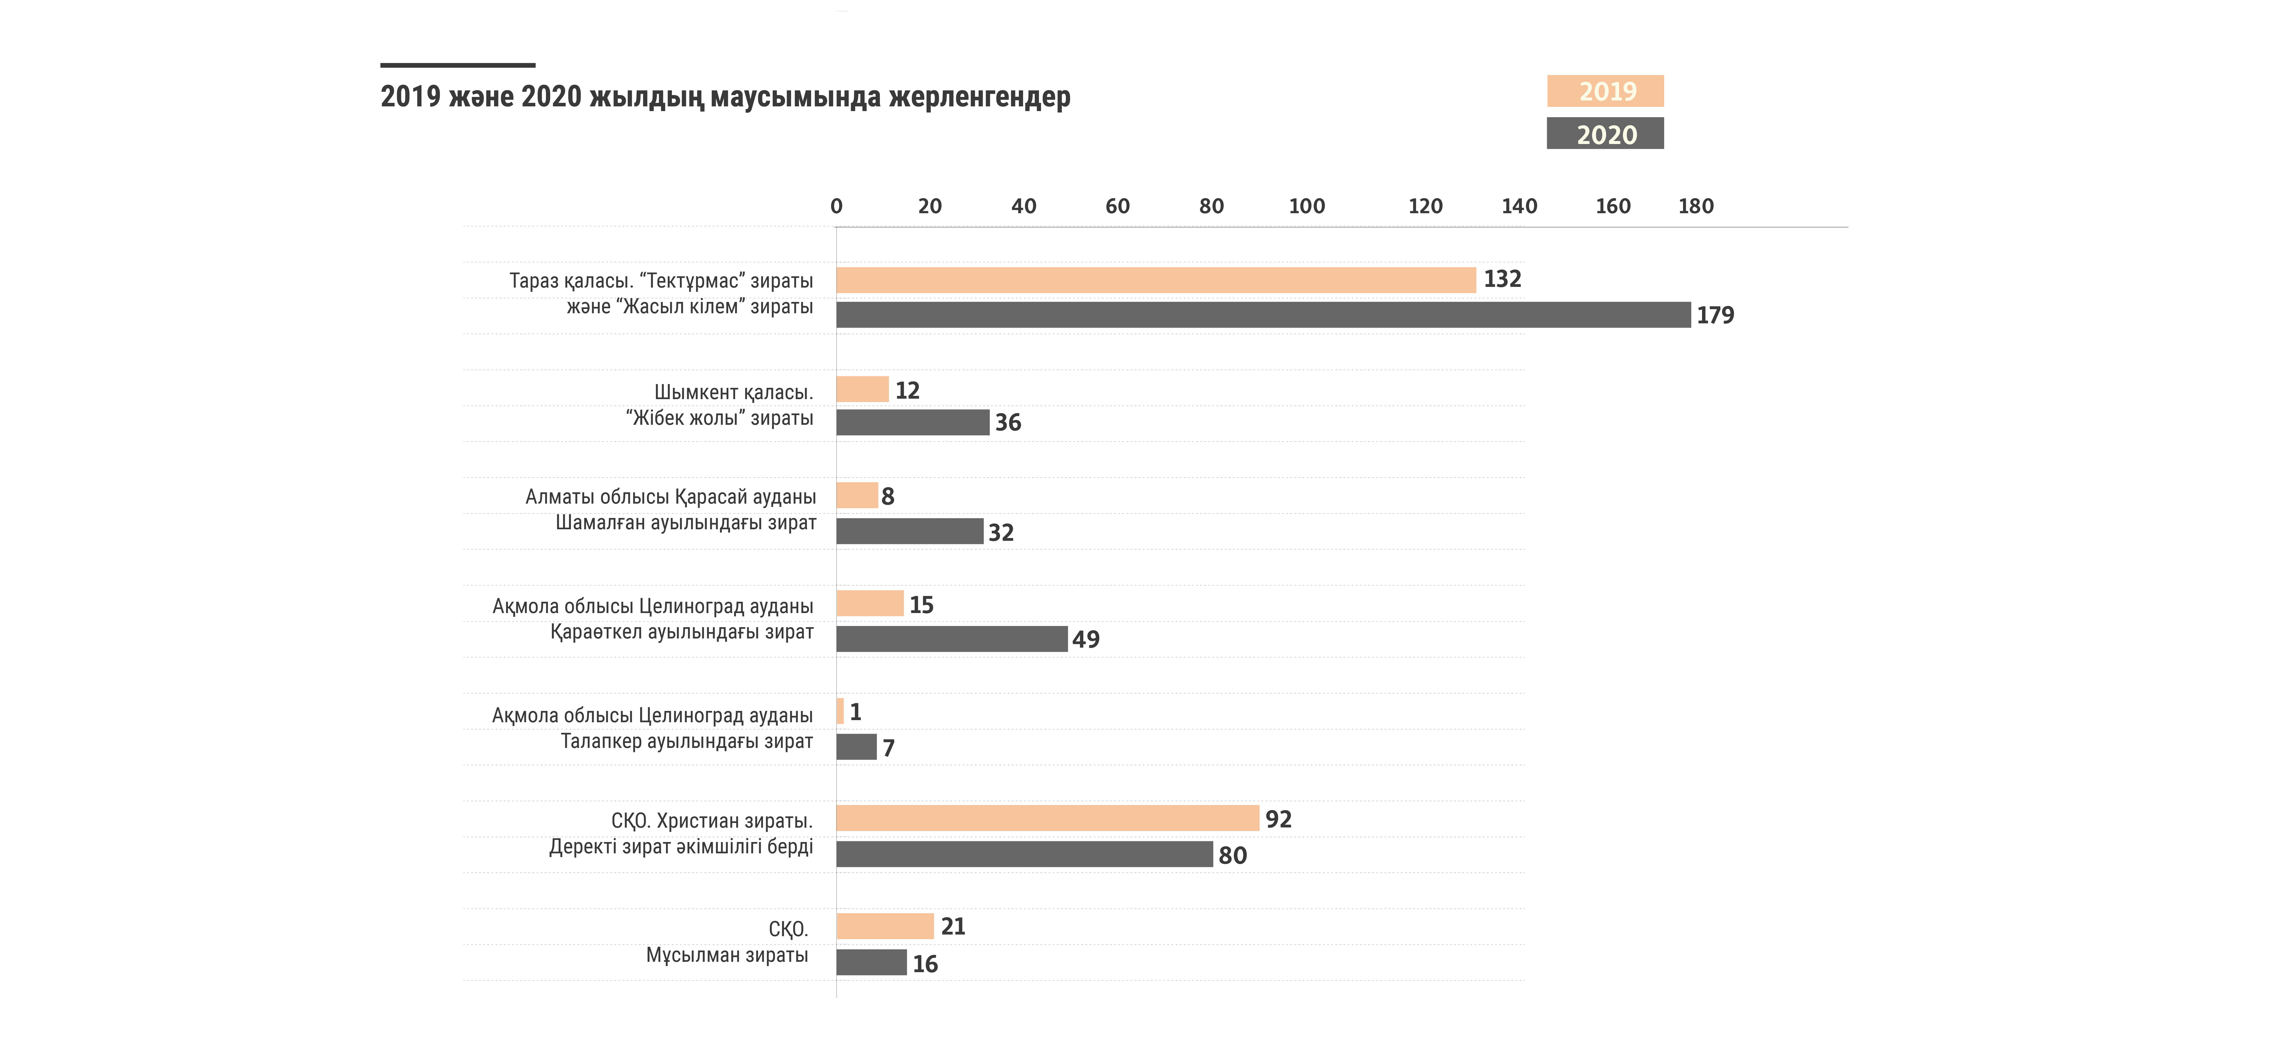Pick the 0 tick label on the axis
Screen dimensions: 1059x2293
(x=836, y=206)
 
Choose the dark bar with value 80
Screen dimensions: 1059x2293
(x=1024, y=854)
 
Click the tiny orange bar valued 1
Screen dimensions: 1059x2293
(x=839, y=711)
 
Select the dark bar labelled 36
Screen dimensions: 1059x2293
(x=912, y=423)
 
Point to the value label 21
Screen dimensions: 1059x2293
(x=952, y=927)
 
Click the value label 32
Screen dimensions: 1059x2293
(x=1001, y=532)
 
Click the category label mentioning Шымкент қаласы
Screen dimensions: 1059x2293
(x=720, y=405)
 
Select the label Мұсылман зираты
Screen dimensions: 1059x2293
(x=726, y=955)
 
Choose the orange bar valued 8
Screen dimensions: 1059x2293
(x=856, y=496)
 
